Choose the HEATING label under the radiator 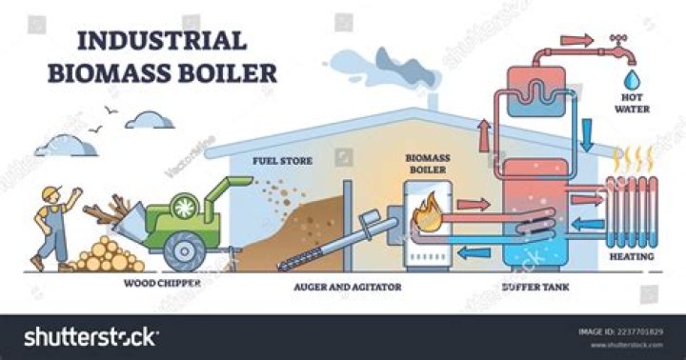pyautogui.click(x=632, y=256)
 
